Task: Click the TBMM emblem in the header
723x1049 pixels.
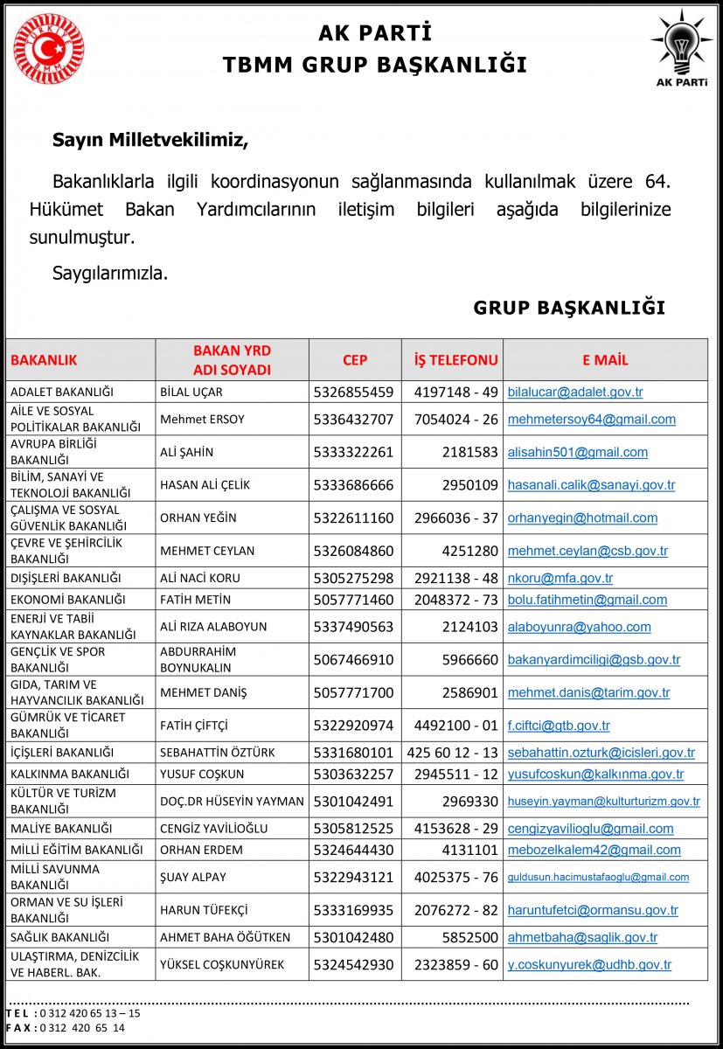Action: coord(49,49)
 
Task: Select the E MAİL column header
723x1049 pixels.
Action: coord(605,359)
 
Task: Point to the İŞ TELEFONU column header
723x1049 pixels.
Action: coord(455,359)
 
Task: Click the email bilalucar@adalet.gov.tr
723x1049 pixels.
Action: coord(575,392)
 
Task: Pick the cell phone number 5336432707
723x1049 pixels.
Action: coord(353,419)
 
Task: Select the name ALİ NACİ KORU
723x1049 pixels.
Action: coord(200,578)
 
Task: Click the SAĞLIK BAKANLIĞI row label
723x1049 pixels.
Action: coord(59,937)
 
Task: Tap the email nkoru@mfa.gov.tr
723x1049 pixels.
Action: coord(560,578)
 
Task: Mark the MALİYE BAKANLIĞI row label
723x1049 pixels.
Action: coord(60,828)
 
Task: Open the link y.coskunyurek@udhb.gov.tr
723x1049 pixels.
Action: coord(589,965)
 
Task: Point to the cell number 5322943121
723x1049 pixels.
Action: coord(353,877)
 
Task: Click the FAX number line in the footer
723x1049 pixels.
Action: coord(66,1028)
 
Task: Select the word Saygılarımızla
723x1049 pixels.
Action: coord(110,273)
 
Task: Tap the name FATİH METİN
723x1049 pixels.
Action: coord(196,600)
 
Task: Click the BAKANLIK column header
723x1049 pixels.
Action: coord(44,359)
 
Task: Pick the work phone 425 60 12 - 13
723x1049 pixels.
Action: coord(452,752)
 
